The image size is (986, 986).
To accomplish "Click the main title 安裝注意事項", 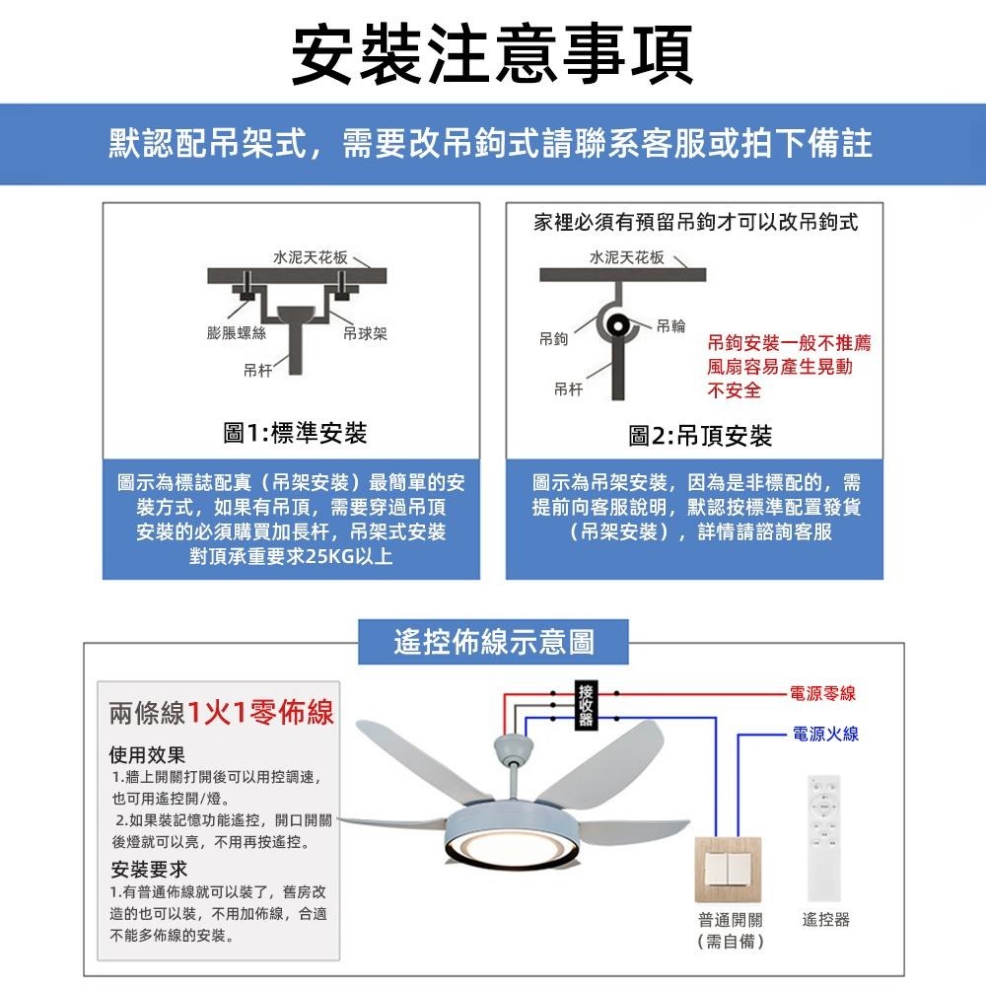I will pos(493,52).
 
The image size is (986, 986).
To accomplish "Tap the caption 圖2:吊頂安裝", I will pos(700,436).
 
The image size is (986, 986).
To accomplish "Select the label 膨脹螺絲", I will pos(237,333).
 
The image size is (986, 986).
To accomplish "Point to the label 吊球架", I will pos(365,333).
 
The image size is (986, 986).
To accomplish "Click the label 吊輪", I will pos(670,324).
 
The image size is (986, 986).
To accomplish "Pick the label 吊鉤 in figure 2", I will pos(552,338).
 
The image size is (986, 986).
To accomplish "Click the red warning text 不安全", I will pos(735,390).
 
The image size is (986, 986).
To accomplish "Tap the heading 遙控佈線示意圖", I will pos(493,642).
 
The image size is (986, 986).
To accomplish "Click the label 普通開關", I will pos(731,921).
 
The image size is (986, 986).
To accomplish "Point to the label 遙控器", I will pos(826,921).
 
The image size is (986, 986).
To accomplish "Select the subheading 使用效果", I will pos(148,756).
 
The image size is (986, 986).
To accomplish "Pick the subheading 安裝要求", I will pos(148,870).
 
